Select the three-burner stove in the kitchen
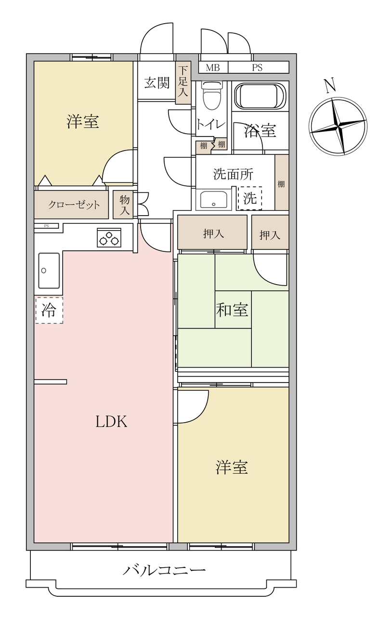[109, 237]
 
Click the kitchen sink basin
[49, 271]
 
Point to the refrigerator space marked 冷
[49, 310]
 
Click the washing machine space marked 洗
[250, 198]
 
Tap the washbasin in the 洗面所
[214, 199]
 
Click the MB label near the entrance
[212, 68]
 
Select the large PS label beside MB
[257, 68]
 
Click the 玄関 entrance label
[157, 82]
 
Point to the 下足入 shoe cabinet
[183, 82]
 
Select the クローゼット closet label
[74, 205]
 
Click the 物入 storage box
[123, 205]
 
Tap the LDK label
[111, 422]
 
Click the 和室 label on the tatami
[232, 310]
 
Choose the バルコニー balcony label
[164, 570]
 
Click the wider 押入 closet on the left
[212, 233]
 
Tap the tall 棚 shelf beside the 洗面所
[282, 182]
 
